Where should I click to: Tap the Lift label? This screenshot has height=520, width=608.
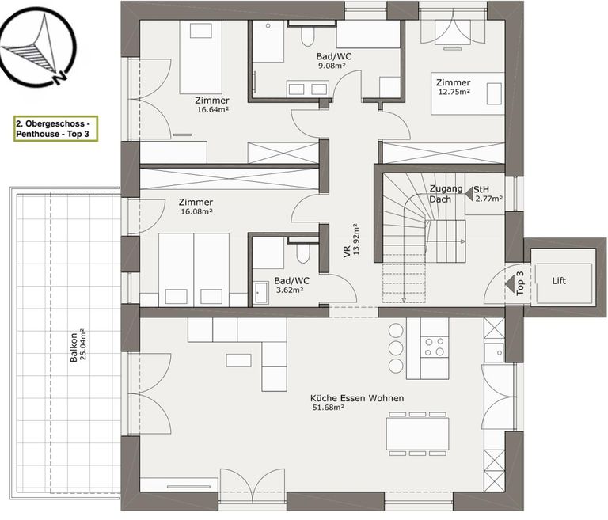click(x=559, y=281)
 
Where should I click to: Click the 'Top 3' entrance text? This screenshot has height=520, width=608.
click(x=520, y=283)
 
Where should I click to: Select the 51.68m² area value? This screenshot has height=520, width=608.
click(x=326, y=408)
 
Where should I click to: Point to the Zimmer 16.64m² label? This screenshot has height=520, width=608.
click(x=212, y=105)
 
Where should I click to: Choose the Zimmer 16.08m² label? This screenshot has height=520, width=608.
click(x=196, y=207)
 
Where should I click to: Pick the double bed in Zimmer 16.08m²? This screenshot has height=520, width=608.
click(x=194, y=268)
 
